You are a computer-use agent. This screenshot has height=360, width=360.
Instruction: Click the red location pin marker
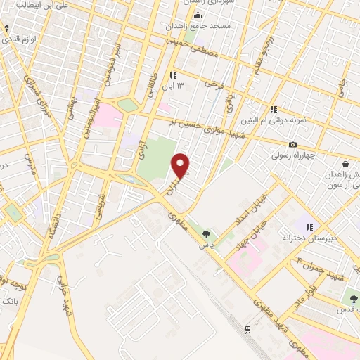click(181, 165)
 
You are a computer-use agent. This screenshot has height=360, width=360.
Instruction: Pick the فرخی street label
click(212, 84)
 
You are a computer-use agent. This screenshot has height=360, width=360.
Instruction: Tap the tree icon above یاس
click(206, 234)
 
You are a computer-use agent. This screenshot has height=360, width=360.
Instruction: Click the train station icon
click(247, 328)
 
